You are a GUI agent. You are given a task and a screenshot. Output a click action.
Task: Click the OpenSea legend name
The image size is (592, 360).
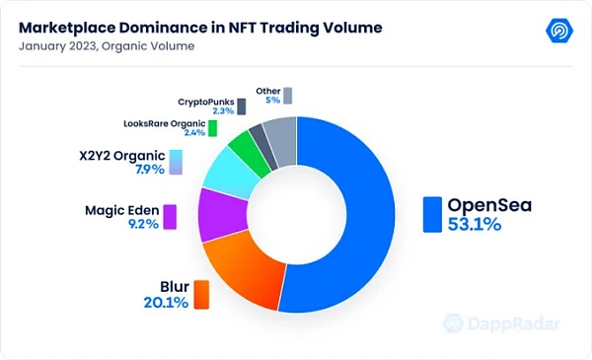[489, 204]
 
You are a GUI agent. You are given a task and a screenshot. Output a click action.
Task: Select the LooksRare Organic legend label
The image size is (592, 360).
[164, 123]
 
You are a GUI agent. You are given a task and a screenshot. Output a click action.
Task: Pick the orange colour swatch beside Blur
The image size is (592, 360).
[201, 293]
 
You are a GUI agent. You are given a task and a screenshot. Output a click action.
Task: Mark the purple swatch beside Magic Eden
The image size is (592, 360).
[169, 217]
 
